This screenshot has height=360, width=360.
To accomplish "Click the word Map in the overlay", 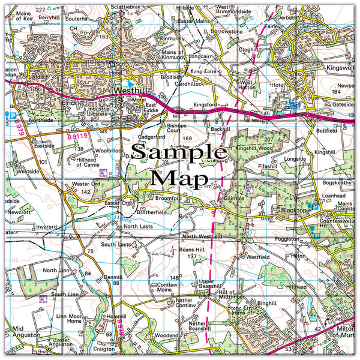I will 180,178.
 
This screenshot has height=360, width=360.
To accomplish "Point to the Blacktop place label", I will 293,210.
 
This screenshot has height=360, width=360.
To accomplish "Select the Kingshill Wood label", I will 254,147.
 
